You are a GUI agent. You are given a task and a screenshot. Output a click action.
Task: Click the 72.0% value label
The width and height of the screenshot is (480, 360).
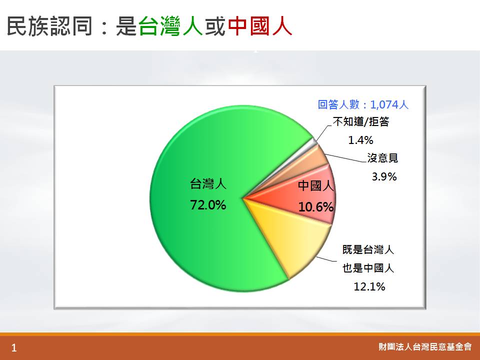click(208, 205)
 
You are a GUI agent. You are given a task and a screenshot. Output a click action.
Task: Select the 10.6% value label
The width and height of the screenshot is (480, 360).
click(315, 207)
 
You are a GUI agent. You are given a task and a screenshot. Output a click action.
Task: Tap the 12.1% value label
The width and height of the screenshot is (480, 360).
click(369, 286)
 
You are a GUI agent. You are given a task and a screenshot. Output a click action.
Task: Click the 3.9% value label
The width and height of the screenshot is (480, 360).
click(384, 176)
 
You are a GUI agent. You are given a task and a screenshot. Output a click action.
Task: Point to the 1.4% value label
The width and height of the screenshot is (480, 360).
click(360, 140)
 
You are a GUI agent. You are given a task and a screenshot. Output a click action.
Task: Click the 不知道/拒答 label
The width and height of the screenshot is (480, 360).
click(361, 122)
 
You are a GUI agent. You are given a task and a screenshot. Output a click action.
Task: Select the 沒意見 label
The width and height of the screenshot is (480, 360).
click(382, 158)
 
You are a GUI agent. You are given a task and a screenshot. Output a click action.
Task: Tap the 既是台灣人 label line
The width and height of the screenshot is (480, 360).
click(368, 250)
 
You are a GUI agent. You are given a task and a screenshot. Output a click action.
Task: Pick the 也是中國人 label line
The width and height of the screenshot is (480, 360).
click(368, 268)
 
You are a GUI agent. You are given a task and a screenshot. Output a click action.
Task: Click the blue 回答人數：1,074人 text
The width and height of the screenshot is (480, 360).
click(363, 104)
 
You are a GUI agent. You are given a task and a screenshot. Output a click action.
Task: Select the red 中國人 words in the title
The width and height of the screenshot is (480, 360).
click(259, 26)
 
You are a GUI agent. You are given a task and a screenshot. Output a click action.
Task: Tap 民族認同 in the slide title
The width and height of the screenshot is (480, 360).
click(49, 26)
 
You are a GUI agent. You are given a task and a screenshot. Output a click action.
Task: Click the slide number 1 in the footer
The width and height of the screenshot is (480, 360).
click(14, 348)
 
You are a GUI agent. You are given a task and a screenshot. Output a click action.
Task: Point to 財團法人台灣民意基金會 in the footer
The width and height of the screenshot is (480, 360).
click(425, 347)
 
